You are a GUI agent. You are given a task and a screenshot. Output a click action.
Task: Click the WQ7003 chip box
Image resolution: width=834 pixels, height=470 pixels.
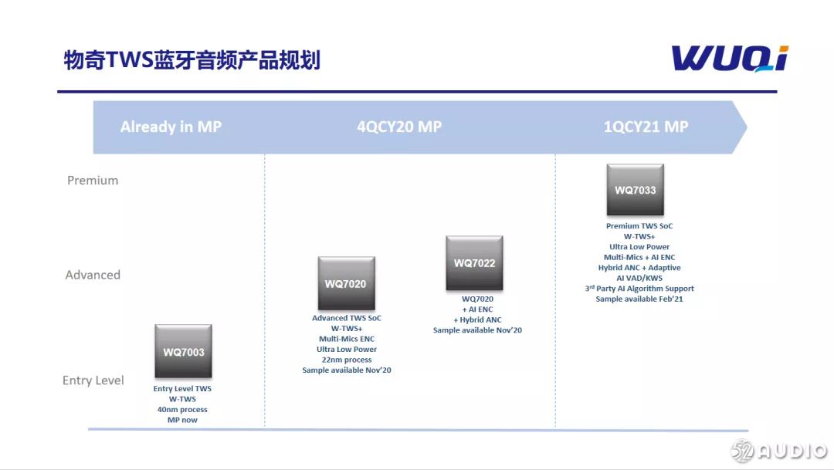coord(183,351)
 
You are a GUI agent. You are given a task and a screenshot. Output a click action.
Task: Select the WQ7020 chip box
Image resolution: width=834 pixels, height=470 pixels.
coord(346,283)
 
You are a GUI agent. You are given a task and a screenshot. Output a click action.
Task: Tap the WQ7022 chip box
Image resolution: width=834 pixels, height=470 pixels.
coord(474,262)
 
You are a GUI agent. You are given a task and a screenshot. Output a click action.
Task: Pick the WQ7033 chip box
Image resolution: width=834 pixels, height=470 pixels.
coord(635,189)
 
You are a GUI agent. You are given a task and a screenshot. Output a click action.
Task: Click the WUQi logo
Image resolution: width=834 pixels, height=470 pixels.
coord(729,59)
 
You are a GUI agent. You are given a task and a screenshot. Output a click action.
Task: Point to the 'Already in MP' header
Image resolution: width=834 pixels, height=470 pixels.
coord(171,127)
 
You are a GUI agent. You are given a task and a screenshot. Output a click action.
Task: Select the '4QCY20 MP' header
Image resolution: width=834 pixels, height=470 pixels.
coord(399,127)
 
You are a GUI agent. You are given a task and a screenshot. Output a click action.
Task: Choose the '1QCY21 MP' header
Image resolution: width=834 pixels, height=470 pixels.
coord(646,127)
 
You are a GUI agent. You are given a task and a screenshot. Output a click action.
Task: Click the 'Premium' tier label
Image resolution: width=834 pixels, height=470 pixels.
coord(93,181)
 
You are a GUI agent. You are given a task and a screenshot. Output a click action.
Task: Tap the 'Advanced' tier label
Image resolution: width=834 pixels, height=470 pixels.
coord(93,275)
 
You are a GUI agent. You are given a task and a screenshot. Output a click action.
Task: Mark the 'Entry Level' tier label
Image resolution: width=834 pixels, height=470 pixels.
coord(93,380)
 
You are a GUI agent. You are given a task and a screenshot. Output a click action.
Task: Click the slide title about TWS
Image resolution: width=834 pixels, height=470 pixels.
coord(192,60)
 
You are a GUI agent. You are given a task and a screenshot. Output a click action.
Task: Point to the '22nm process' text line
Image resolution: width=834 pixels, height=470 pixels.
coord(347,360)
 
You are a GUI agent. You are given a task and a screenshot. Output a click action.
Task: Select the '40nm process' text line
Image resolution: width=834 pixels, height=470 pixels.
coord(182,410)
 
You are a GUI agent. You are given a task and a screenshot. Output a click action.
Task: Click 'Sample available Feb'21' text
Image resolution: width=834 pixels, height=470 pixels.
coord(639,299)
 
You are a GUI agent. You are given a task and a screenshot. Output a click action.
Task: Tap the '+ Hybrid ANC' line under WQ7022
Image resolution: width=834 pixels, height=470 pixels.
coord(477,320)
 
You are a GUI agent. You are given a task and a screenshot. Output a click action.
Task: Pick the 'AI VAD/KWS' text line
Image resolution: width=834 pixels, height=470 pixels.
coord(639,279)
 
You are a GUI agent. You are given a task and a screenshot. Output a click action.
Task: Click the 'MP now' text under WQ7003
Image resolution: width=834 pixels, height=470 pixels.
coord(182,421)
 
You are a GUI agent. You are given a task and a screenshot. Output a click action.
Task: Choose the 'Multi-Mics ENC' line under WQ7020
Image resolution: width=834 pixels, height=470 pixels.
coord(347,339)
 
